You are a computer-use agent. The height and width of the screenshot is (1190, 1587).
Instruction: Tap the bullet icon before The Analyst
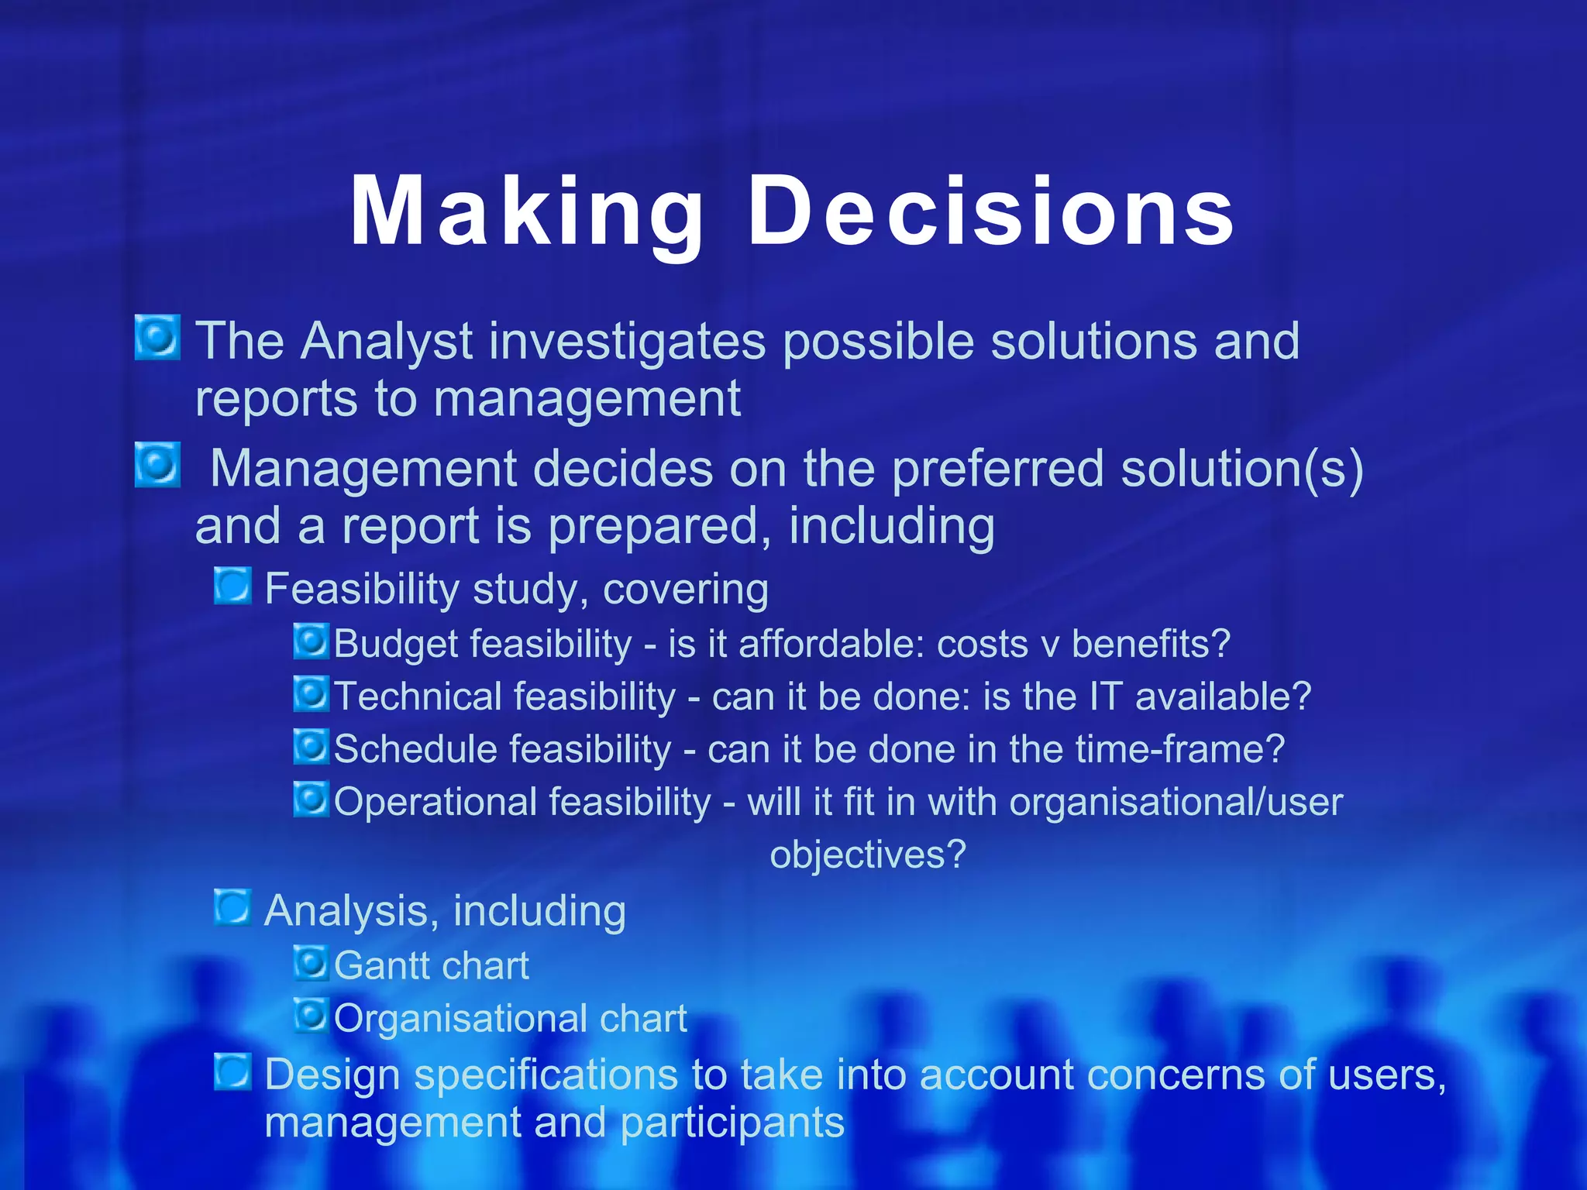[x=157, y=338]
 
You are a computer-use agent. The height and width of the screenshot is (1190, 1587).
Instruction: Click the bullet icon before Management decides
[x=157, y=465]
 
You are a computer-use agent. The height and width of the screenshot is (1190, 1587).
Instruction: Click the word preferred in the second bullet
[x=998, y=469]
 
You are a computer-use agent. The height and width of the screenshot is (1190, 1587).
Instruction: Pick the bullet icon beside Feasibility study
[x=232, y=586]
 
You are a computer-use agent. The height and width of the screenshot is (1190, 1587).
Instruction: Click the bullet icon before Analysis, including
[x=232, y=907]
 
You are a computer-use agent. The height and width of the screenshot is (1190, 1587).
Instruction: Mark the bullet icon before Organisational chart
[x=312, y=1015]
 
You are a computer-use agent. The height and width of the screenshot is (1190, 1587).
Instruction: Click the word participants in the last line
[x=732, y=1123]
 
